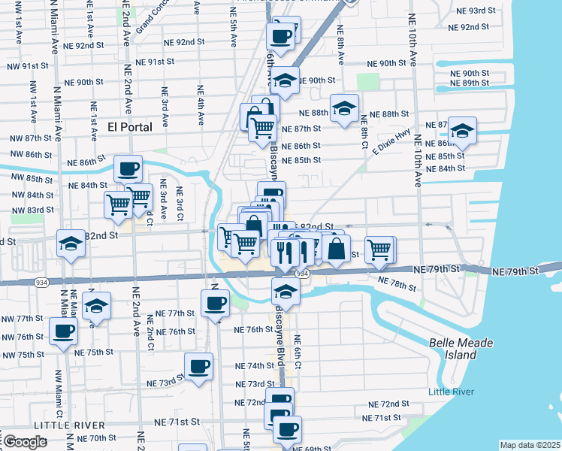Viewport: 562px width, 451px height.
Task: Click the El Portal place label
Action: [x=130, y=126]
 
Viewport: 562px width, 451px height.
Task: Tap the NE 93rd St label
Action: [x=468, y=12]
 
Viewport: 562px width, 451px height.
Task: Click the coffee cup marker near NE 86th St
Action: [x=128, y=168]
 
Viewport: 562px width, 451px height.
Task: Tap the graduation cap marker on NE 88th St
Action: [x=344, y=107]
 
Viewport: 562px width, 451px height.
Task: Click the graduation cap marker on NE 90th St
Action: [x=286, y=80]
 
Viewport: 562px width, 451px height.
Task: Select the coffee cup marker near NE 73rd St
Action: [x=198, y=366]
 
